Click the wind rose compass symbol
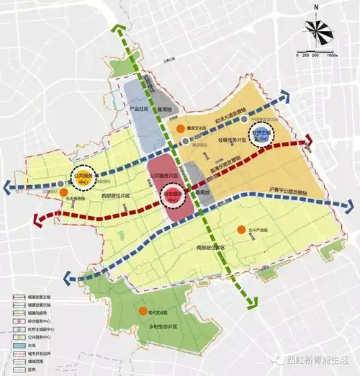(318, 30)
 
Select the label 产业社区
(138, 109)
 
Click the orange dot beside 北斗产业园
(241, 230)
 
